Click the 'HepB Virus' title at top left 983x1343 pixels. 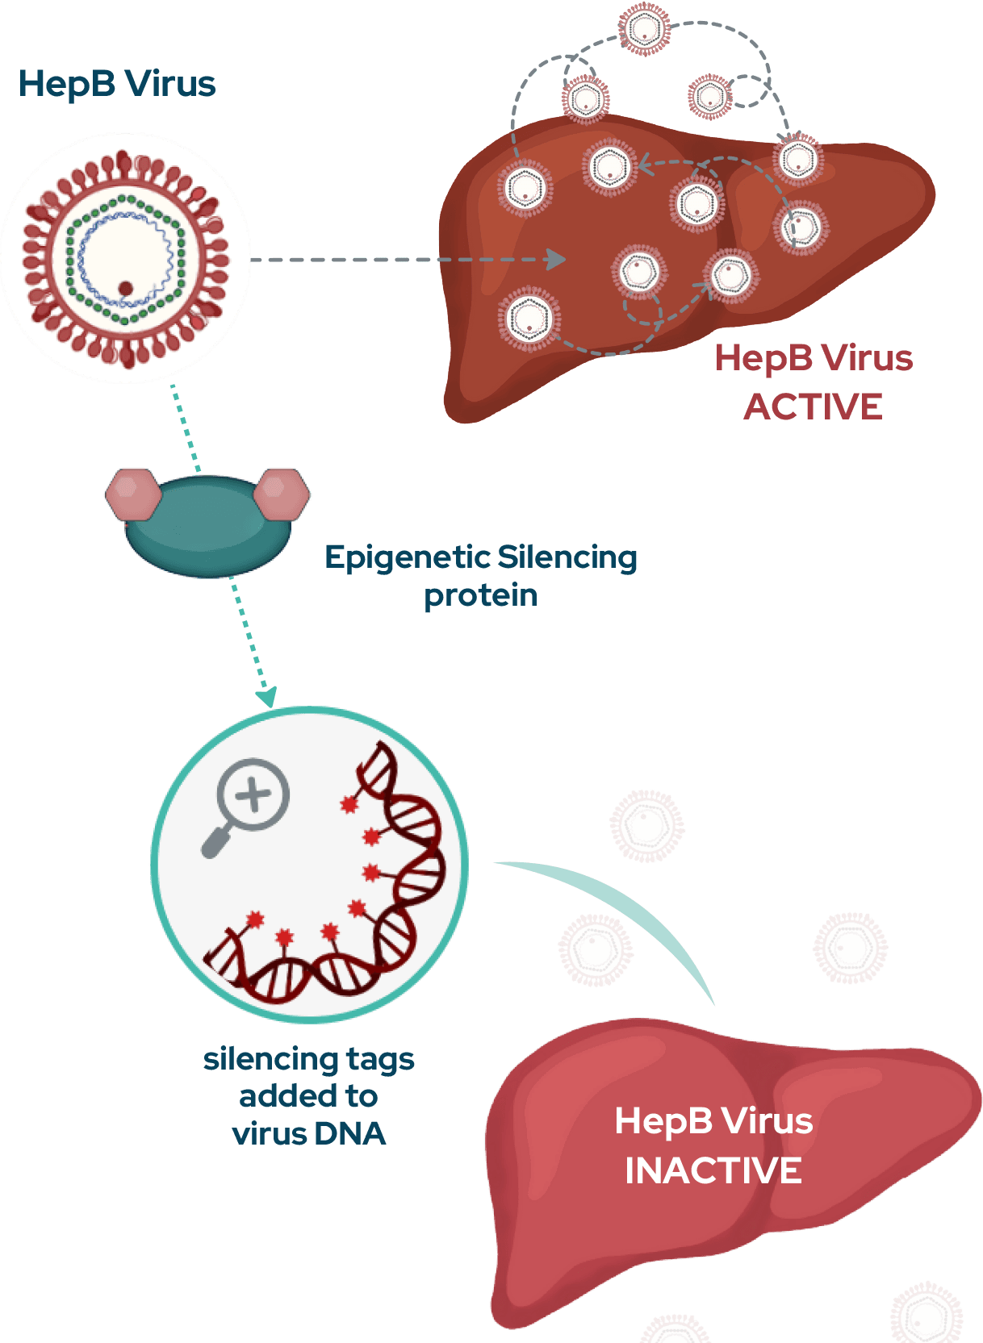tap(117, 84)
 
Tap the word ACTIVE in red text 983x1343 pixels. tap(813, 407)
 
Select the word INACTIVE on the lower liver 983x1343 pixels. tap(713, 1170)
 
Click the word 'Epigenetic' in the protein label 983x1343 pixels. tap(407, 558)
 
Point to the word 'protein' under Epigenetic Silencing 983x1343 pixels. tap(481, 595)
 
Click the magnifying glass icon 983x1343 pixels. tap(247, 804)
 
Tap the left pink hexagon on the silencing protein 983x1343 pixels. tap(132, 492)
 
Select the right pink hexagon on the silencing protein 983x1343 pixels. tap(282, 491)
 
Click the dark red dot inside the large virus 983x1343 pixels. tap(126, 288)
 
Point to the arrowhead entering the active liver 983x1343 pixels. tap(555, 260)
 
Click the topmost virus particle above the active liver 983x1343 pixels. tap(645, 29)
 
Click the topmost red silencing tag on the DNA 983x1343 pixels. tap(349, 804)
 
